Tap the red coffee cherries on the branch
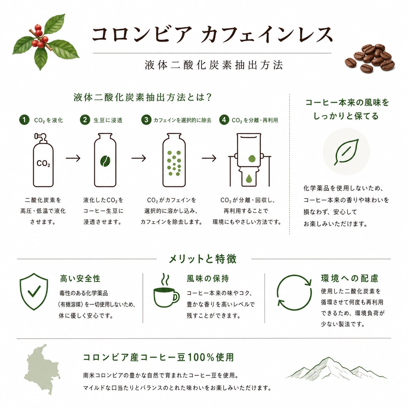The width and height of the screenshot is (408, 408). click(x=40, y=36)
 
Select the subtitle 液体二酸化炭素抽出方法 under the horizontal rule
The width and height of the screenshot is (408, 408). click(x=213, y=65)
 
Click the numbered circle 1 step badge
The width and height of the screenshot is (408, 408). click(x=24, y=120)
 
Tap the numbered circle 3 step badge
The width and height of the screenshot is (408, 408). click(x=146, y=120)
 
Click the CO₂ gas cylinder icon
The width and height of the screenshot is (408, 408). click(x=43, y=160)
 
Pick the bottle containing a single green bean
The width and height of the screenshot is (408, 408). click(x=105, y=160)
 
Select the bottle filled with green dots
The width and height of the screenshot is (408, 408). click(x=174, y=160)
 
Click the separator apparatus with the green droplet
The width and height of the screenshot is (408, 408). click(x=249, y=160)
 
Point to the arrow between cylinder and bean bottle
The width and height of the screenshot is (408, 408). click(x=73, y=158)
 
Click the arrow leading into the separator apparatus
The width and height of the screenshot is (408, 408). click(x=209, y=158)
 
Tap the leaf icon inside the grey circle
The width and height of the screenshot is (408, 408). click(x=346, y=152)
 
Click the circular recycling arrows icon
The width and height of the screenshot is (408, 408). click(x=294, y=292)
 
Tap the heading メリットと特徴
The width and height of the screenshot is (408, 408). click(x=203, y=259)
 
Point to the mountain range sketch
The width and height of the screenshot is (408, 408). click(x=336, y=369)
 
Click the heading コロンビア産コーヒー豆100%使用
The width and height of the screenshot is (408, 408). click(x=158, y=358)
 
